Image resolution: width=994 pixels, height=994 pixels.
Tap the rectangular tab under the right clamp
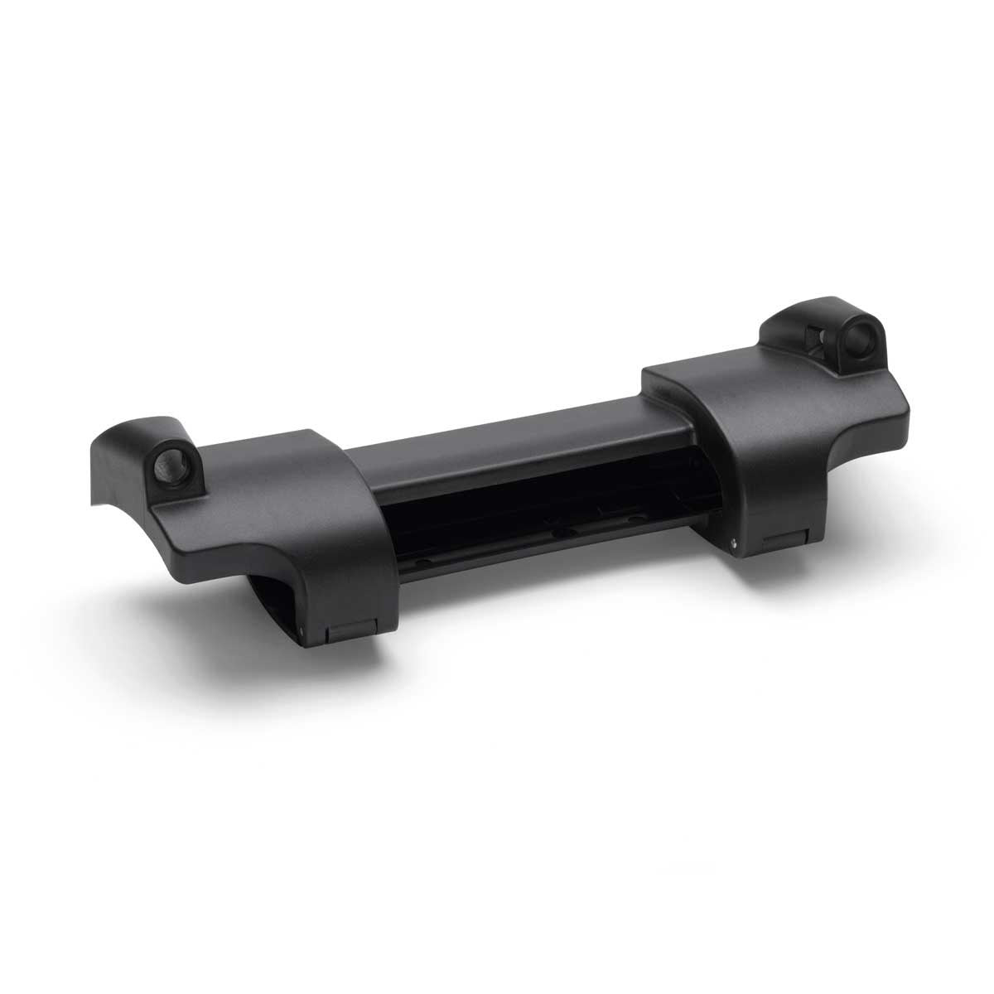click(781, 543)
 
